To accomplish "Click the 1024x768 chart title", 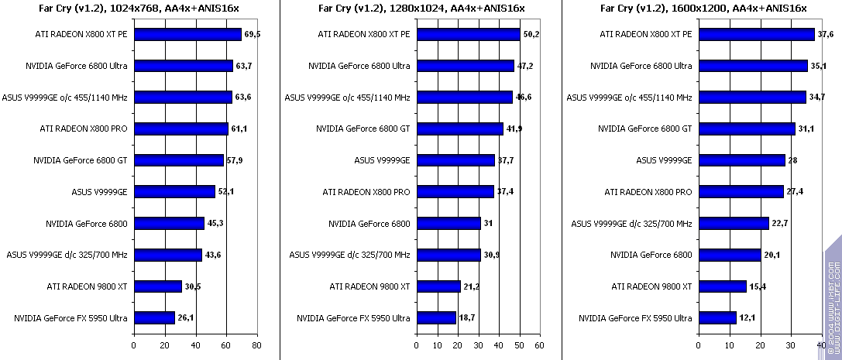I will click(x=139, y=9).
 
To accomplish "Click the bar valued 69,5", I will click(x=187, y=35).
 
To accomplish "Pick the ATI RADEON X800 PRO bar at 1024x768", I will click(x=181, y=129).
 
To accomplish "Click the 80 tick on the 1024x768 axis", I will click(x=257, y=345).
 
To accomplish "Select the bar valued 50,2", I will click(x=468, y=35).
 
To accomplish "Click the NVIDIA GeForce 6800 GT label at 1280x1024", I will click(x=363, y=129).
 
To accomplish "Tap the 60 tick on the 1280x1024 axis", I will click(x=540, y=345).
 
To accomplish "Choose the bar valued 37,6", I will click(x=757, y=35).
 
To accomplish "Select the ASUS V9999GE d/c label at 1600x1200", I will click(x=631, y=224).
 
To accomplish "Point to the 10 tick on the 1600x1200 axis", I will click(x=730, y=345).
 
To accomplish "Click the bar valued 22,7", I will click(x=734, y=224).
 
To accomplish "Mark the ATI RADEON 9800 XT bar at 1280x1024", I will click(x=438, y=286).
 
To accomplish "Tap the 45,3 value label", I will click(x=217, y=224).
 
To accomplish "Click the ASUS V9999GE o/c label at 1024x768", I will click(x=65, y=98).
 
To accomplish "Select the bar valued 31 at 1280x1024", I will click(x=448, y=224).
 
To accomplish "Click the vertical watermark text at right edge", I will click(x=831, y=306).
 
